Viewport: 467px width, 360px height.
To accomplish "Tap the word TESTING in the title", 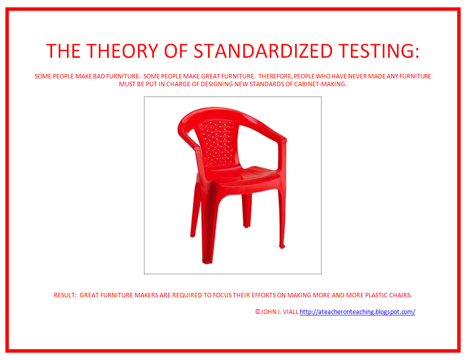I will point(378,51).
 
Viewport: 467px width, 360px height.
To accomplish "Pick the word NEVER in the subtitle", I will point(351,76).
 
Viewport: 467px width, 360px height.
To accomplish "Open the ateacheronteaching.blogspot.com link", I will point(357,312).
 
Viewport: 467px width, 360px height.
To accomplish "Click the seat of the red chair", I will point(245,174).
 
